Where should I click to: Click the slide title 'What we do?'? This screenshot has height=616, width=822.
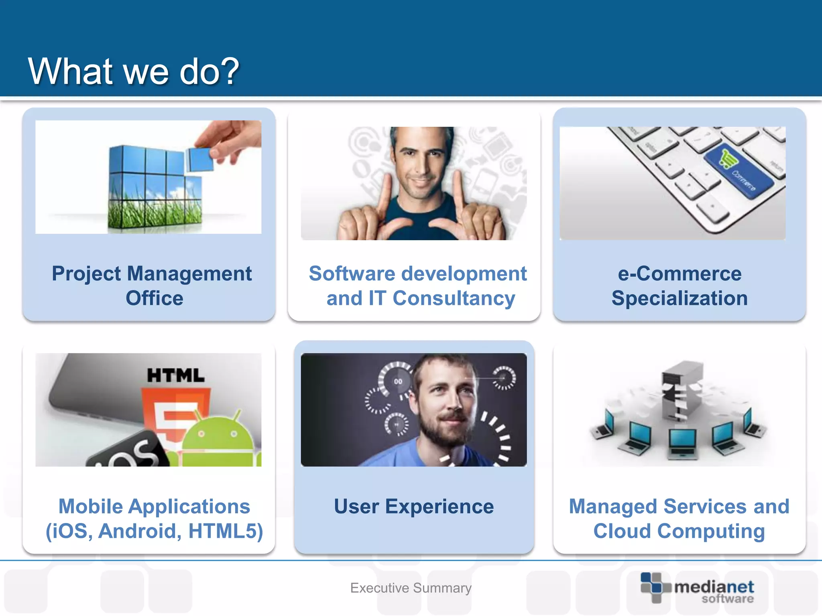coord(133,71)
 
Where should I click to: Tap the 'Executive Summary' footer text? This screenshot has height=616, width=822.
coord(411,588)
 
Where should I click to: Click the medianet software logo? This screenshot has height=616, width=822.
coord(697,588)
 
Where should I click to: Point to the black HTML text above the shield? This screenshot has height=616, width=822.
coord(176,376)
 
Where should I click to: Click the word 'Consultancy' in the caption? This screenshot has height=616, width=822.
coord(454,298)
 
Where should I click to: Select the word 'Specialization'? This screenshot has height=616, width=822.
coord(679,298)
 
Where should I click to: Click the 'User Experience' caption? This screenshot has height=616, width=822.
coord(414,507)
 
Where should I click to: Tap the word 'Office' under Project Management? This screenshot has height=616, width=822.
coord(154,298)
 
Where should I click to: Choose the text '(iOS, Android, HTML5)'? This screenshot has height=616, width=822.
coord(154,531)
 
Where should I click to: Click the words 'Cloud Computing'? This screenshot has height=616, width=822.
coord(679,531)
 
